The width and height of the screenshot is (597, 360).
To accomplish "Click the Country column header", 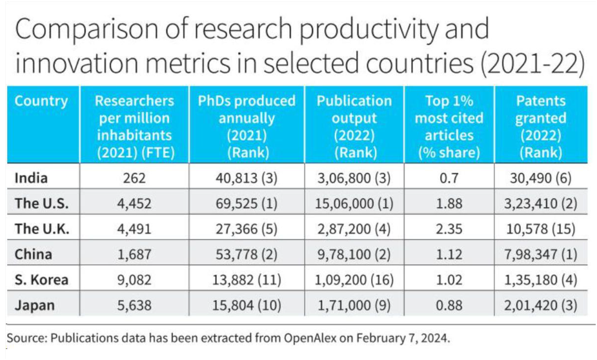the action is [x=41, y=101].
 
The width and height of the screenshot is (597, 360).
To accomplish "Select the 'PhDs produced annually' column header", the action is [x=247, y=126].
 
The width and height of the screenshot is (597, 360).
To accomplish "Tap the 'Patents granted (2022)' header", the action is [x=541, y=126].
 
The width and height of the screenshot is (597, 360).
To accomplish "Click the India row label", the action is [x=31, y=177].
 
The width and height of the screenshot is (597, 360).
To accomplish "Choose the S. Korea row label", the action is [x=41, y=280].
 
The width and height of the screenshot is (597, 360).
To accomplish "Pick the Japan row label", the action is [x=35, y=305].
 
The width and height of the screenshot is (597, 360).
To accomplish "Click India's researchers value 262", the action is [x=134, y=178].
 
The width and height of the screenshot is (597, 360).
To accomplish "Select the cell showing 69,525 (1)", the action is [x=247, y=204].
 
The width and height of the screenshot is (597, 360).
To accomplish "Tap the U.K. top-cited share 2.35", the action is [x=449, y=229].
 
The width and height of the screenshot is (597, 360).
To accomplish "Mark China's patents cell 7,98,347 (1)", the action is [x=541, y=255].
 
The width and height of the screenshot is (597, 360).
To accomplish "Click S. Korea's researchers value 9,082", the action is [x=134, y=280].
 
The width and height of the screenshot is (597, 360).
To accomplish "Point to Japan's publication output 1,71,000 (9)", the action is [x=354, y=306].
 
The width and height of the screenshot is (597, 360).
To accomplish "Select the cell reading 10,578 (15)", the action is [x=541, y=229].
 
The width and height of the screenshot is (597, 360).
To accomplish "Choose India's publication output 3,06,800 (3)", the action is [x=354, y=178].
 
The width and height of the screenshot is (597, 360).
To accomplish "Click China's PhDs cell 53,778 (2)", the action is [x=247, y=255].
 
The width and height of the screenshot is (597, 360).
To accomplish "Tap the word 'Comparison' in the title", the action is [x=87, y=30].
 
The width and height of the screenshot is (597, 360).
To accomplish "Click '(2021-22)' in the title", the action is [x=532, y=63].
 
